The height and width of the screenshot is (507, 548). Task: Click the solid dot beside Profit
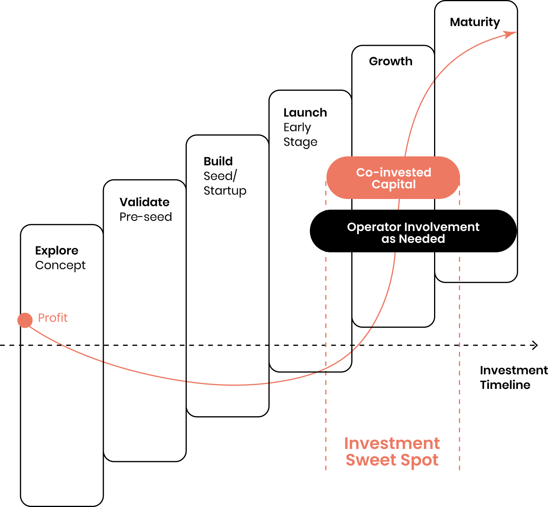tap(25, 320)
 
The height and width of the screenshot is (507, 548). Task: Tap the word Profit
tap(52, 318)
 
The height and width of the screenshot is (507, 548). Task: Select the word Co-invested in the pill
tap(393, 173)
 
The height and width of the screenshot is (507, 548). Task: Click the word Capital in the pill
tap(393, 184)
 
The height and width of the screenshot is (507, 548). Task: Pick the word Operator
tap(374, 227)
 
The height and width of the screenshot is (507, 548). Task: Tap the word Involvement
tap(442, 227)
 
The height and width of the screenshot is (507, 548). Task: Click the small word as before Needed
tap(388, 239)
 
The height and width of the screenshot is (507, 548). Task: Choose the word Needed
tap(422, 239)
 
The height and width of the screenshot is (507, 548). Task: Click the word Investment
tap(392, 443)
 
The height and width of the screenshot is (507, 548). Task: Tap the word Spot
tap(419, 460)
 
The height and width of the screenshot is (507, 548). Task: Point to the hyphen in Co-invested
tap(375, 173)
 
